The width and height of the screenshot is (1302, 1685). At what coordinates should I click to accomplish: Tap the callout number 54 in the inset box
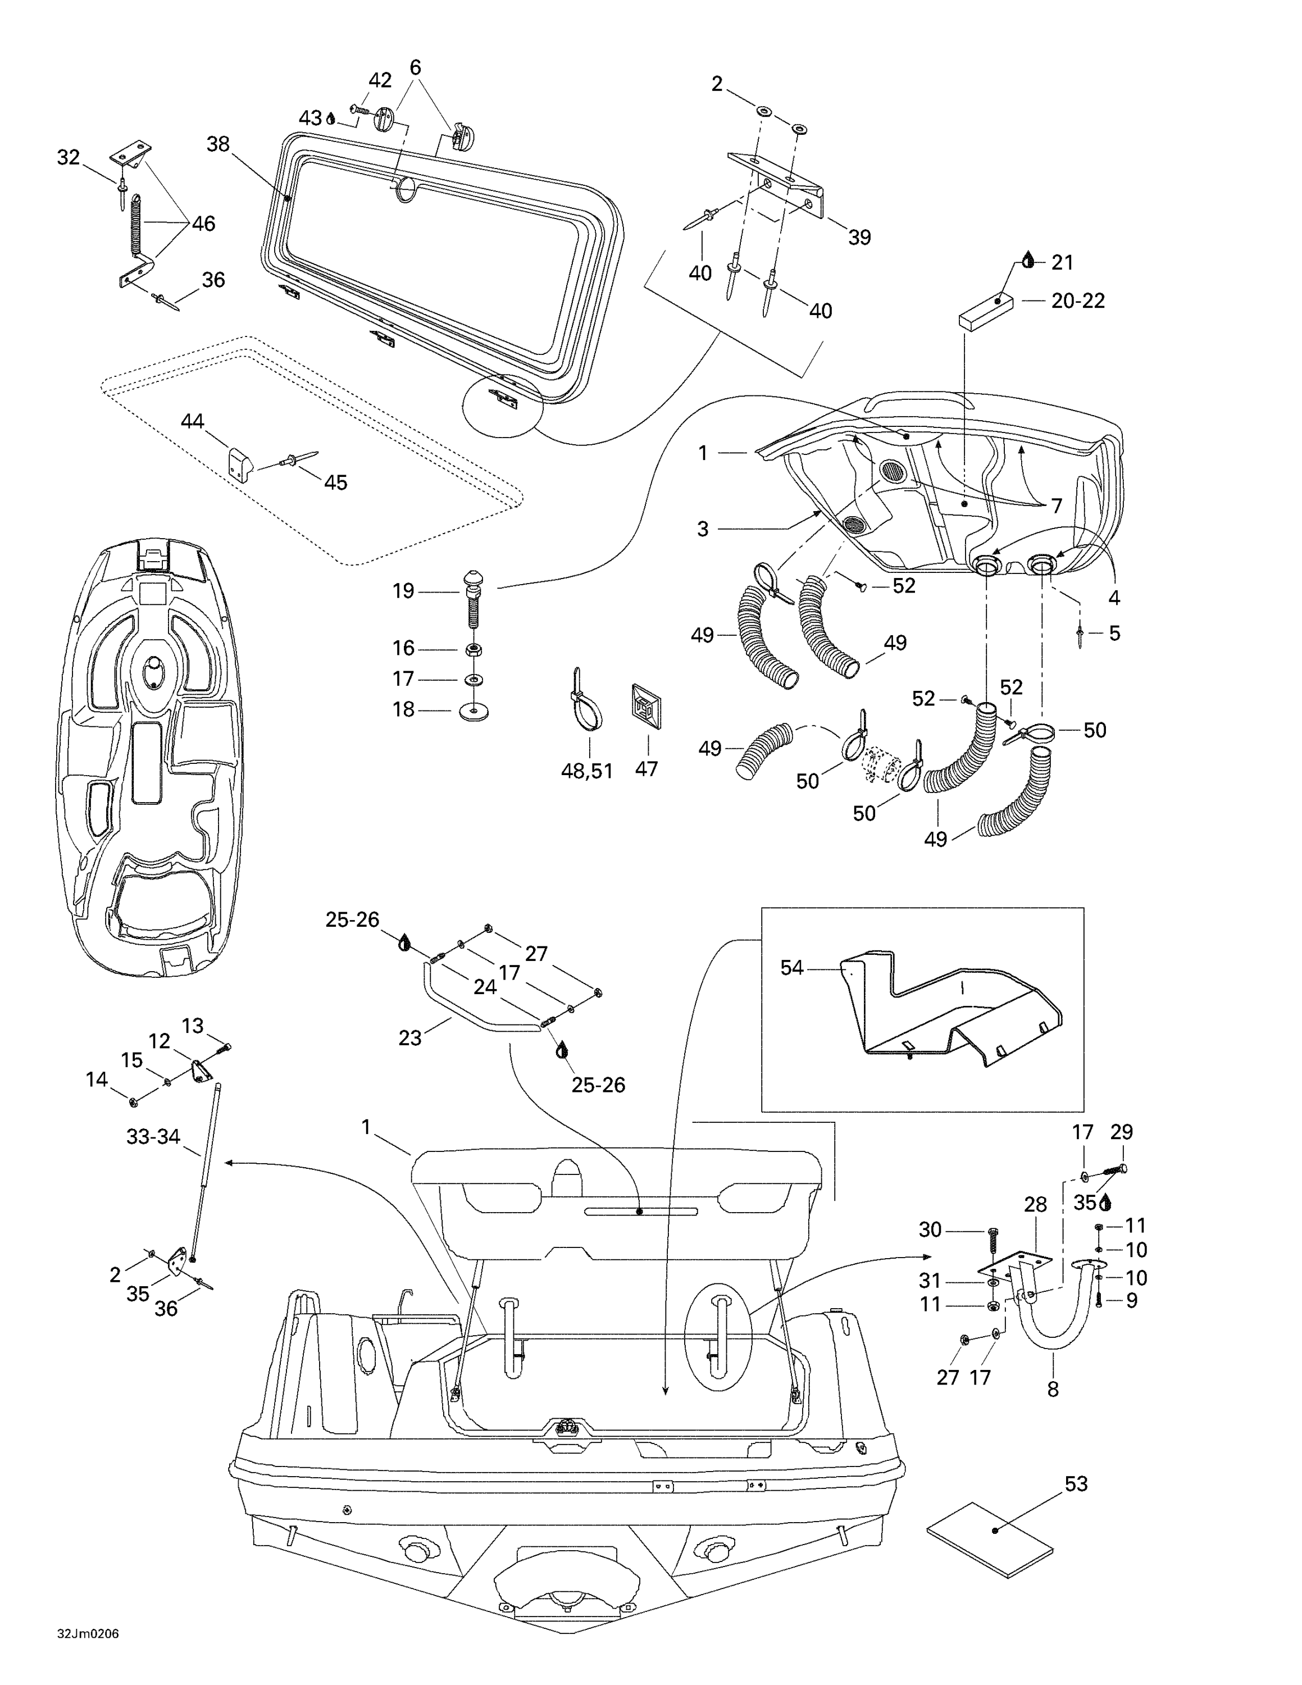tap(791, 968)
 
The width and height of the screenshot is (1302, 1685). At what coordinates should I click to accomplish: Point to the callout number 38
tap(218, 144)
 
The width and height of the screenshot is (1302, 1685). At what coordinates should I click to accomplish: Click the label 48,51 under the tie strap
tap(586, 771)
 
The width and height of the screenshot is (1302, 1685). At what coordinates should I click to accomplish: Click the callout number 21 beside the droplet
tap(1062, 262)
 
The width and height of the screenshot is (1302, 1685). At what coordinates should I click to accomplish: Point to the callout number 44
tap(192, 421)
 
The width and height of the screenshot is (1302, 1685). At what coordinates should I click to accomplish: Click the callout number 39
tap(859, 238)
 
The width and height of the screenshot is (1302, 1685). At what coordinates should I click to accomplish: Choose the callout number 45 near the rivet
tap(335, 482)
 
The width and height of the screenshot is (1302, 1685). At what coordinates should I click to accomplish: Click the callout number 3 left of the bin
tap(702, 529)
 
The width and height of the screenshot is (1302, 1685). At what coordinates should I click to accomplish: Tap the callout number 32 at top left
tap(69, 157)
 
